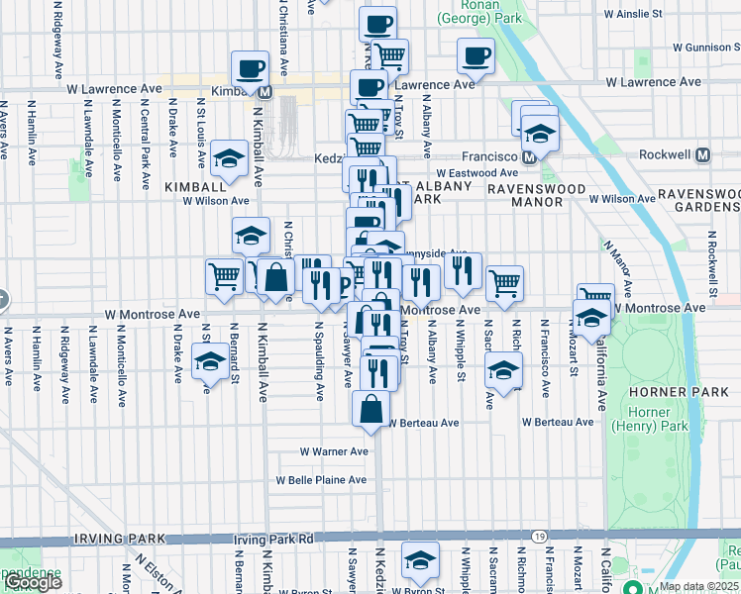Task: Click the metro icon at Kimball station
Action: point(265,91)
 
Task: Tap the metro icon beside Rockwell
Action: point(703,155)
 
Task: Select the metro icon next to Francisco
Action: point(529,156)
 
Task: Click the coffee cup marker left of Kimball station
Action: point(250,68)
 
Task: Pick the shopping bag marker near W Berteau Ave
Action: point(370,408)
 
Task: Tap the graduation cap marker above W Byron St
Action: point(420,560)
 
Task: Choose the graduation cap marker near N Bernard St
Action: point(209,362)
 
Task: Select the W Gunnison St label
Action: point(705,47)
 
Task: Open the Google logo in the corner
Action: point(32,582)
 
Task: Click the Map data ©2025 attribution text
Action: point(698,586)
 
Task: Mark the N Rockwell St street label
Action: point(711,263)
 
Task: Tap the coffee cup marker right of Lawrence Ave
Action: point(476,55)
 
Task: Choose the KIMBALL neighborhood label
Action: point(196,187)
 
